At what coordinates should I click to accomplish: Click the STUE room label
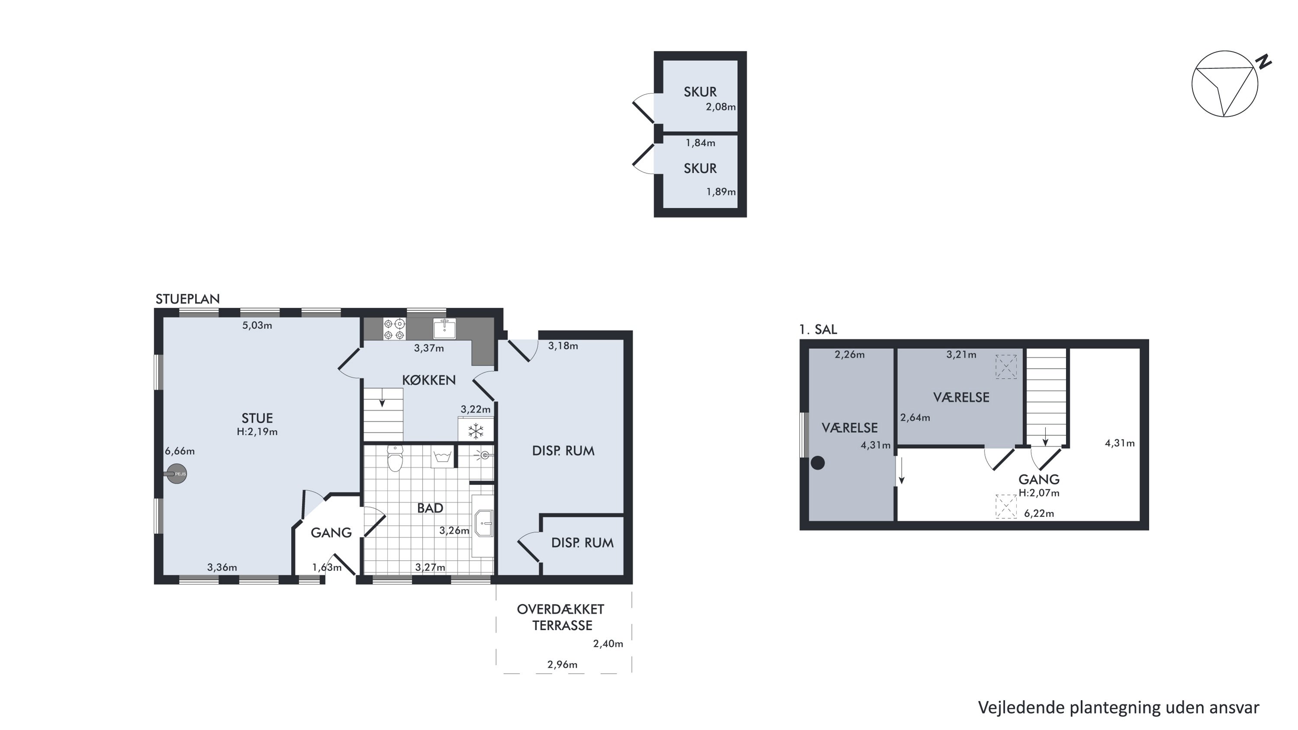(x=257, y=418)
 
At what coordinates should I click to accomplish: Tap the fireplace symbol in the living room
(x=177, y=473)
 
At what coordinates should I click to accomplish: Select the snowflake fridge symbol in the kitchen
(x=476, y=431)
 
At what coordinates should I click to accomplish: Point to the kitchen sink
(x=444, y=328)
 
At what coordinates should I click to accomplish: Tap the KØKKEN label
(x=429, y=380)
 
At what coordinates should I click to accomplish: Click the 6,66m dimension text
(x=180, y=451)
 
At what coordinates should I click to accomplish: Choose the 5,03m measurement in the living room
(x=257, y=325)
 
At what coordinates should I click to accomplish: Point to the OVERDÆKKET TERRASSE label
(x=561, y=617)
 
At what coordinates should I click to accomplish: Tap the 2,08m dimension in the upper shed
(x=720, y=107)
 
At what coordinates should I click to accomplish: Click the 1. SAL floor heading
(x=818, y=329)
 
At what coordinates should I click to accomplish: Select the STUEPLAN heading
(x=187, y=299)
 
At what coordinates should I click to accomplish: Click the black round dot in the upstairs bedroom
(x=818, y=463)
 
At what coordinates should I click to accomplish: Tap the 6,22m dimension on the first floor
(x=1039, y=513)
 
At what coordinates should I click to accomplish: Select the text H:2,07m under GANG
(x=1039, y=493)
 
